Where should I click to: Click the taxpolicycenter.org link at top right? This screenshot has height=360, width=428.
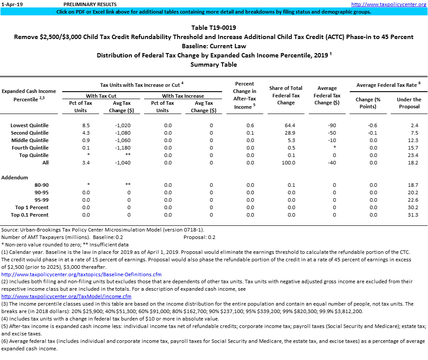[x=389, y=4]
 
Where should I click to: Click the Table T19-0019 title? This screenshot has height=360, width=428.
[x=213, y=28]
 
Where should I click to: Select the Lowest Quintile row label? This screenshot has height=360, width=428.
[x=29, y=125]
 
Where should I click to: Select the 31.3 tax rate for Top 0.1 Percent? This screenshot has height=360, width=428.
[x=413, y=215]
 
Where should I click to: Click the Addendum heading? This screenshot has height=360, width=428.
[x=15, y=178]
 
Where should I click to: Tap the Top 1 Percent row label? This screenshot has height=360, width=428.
[x=32, y=207]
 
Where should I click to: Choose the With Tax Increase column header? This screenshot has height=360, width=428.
[x=183, y=96]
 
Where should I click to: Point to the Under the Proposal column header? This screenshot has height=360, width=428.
[x=409, y=103]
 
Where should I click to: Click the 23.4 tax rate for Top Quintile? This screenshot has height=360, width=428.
[x=413, y=155]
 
